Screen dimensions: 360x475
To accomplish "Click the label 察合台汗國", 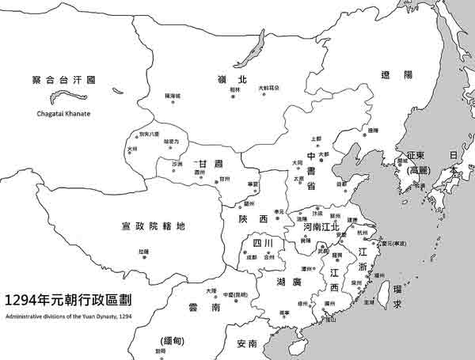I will coord(63,80).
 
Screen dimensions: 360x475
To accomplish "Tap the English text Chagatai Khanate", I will coord(63,114).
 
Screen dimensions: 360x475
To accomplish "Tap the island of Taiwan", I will coord(381,296).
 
